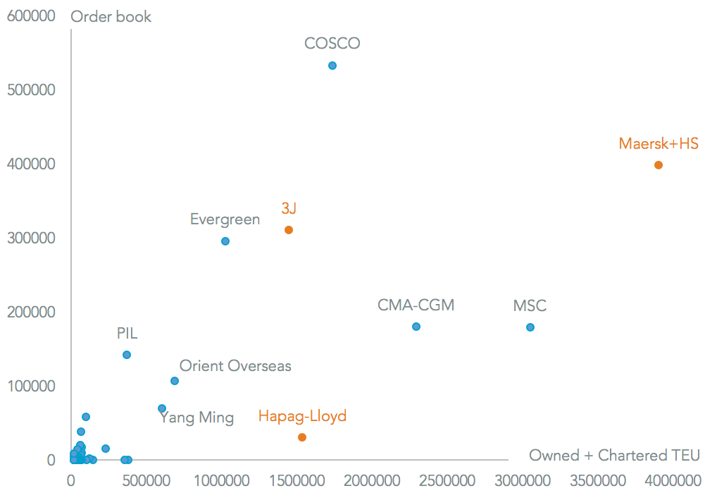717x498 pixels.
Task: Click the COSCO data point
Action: click(332, 66)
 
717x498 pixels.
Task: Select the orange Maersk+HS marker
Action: click(659, 165)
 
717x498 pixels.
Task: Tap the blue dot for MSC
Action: click(530, 327)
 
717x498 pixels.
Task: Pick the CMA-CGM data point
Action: click(416, 327)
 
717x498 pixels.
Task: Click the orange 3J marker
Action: click(289, 230)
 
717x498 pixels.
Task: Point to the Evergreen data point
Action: click(225, 241)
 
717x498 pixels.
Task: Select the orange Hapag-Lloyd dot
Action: click(302, 437)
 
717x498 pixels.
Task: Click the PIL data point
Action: click(127, 355)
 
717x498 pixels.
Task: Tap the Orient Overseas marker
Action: click(175, 381)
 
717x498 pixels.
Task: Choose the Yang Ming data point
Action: click(162, 408)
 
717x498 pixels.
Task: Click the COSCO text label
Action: click(332, 44)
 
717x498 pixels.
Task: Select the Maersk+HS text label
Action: click(659, 144)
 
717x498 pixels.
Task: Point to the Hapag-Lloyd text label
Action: click(302, 416)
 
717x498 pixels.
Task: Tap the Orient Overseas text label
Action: click(235, 366)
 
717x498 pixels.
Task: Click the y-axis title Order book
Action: click(111, 16)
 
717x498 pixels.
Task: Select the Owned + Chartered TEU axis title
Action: click(614, 456)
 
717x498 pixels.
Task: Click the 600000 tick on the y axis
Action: click(32, 16)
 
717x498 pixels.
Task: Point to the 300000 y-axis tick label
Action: click(32, 238)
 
